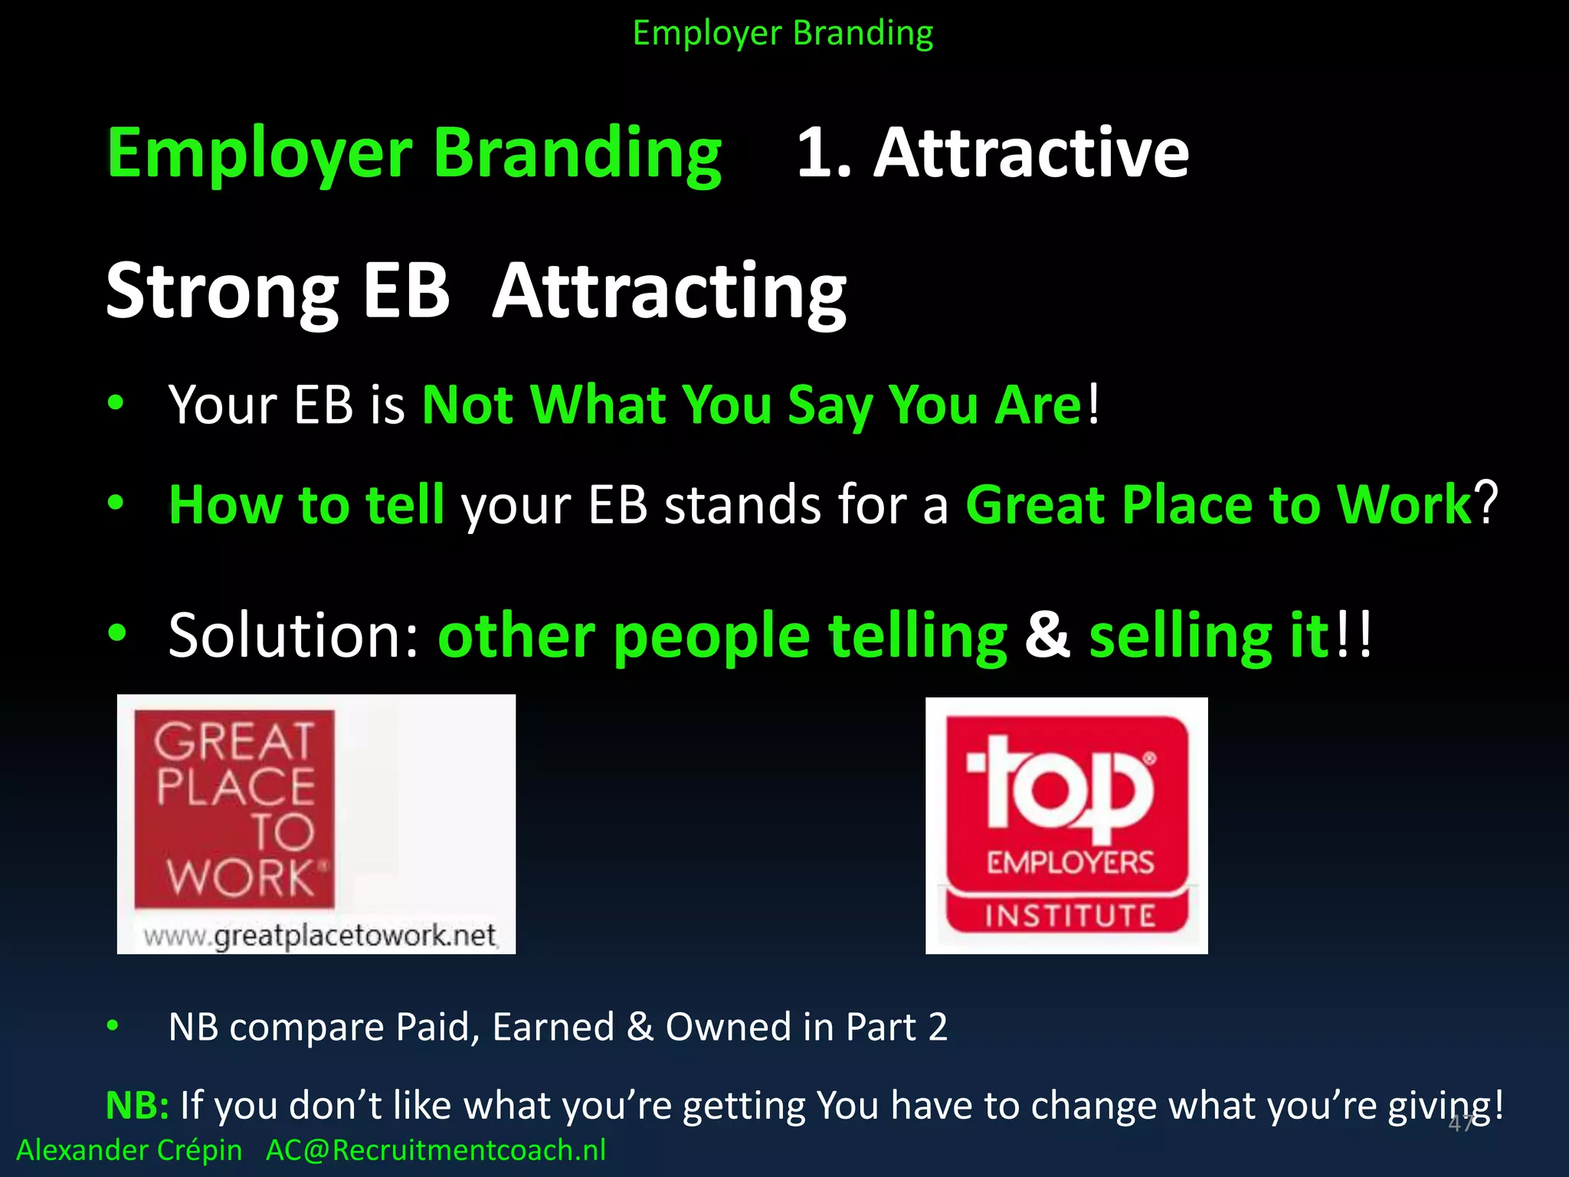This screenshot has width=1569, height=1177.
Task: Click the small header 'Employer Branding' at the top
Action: click(783, 34)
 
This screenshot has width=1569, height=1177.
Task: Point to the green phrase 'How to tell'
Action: click(306, 504)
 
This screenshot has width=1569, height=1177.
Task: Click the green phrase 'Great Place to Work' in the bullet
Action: click(1218, 504)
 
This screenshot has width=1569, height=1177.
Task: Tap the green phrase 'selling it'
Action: click(1208, 636)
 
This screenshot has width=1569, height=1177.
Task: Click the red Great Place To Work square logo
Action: click(234, 808)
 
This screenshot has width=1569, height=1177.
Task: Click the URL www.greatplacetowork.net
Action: click(320, 936)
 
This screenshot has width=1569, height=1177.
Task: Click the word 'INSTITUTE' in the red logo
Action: click(1069, 916)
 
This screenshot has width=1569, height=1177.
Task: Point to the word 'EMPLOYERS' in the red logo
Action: click(1069, 864)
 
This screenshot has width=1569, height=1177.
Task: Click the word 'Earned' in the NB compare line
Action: click(553, 1027)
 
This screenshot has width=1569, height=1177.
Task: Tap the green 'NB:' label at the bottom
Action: click(137, 1106)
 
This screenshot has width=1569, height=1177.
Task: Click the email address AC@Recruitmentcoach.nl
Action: click(435, 1150)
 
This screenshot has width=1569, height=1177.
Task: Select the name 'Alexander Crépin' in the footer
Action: click(129, 1150)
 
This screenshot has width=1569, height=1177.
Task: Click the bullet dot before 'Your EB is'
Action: click(116, 403)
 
